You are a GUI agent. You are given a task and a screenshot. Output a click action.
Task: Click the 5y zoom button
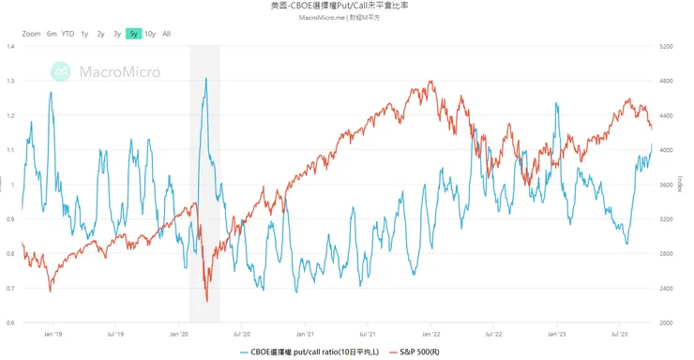133,34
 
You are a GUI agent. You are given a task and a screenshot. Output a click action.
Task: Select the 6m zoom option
52,34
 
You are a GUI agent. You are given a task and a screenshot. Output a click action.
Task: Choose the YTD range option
68,34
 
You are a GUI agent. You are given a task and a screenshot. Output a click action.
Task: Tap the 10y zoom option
150,34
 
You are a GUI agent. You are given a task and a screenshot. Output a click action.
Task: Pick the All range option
167,34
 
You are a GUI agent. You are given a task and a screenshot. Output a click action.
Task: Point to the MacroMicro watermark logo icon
62,71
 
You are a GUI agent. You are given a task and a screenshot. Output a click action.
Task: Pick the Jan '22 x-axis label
430,333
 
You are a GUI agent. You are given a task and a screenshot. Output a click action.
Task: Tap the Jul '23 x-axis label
620,333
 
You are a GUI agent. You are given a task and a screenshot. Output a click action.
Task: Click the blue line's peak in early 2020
205,79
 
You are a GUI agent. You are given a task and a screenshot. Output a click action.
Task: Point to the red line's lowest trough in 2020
206,301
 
